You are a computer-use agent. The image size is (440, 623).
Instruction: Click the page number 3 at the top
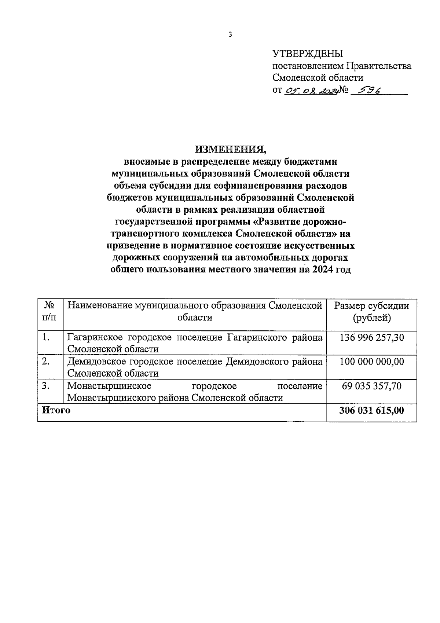(230, 35)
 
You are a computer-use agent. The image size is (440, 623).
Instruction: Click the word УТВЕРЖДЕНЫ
(308, 54)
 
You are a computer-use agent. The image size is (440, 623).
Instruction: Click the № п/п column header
(50, 311)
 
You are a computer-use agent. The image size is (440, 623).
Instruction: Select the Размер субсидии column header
(371, 311)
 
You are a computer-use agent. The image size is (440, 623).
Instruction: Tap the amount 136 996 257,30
(371, 337)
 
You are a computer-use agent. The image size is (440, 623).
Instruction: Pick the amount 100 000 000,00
(371, 362)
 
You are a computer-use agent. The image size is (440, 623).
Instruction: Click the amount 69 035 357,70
(371, 386)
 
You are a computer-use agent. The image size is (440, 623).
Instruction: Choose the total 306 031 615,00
(371, 410)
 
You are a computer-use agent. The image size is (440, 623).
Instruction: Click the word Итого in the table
(56, 410)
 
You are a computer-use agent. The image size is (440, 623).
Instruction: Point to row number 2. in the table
(46, 362)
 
